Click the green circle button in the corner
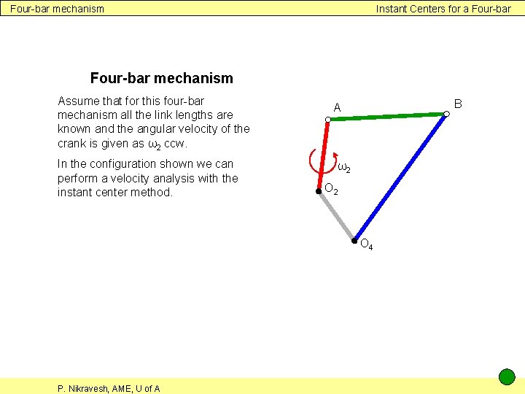(x=507, y=377)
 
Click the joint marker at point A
(x=329, y=119)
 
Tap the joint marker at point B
(x=446, y=114)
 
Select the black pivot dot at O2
(x=319, y=192)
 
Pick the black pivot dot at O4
(x=354, y=241)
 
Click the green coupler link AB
(x=386, y=116)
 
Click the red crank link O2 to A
(x=324, y=155)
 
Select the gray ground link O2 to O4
(x=336, y=217)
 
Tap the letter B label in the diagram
(x=458, y=104)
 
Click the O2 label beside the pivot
(x=331, y=190)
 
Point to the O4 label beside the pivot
(x=367, y=245)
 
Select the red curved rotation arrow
(x=314, y=161)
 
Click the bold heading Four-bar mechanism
(x=161, y=78)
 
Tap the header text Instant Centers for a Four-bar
(x=443, y=9)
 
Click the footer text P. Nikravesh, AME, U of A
(x=109, y=388)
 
